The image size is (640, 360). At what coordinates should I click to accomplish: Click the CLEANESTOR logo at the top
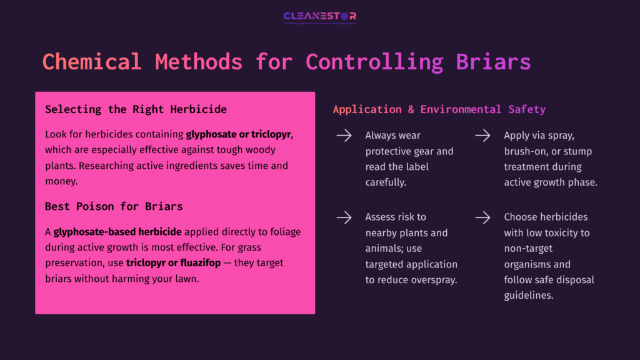click(319, 17)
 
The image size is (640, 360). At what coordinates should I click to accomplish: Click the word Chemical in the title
click(92, 62)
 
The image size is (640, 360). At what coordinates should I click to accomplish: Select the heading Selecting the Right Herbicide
click(136, 109)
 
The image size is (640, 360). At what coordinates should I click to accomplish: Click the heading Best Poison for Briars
click(114, 206)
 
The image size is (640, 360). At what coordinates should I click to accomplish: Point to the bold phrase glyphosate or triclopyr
click(239, 134)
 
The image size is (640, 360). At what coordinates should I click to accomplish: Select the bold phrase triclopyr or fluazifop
click(173, 263)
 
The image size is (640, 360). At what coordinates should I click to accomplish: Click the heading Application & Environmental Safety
click(439, 109)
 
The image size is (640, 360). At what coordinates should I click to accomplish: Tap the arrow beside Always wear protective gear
click(344, 136)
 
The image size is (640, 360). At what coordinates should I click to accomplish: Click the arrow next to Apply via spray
click(482, 136)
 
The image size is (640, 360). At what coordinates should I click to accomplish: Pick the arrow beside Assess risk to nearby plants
click(344, 217)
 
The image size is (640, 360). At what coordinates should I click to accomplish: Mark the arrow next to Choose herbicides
click(482, 217)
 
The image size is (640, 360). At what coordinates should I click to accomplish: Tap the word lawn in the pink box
click(184, 279)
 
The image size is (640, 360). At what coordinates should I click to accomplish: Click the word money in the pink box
click(61, 181)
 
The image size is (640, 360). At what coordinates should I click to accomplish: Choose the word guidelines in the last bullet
click(529, 295)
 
